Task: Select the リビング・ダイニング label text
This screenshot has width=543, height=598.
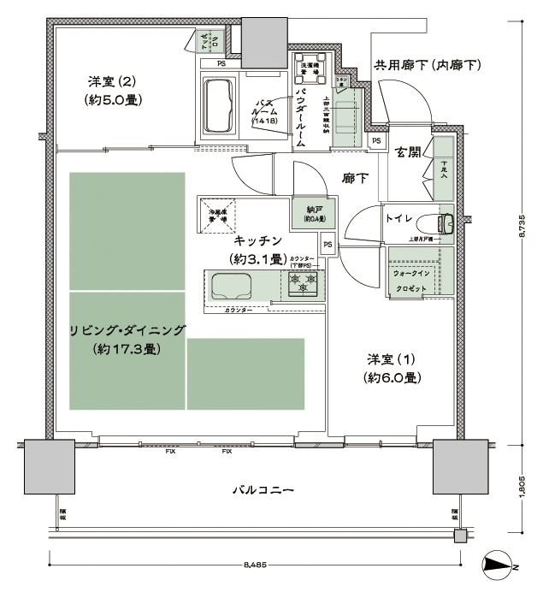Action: [127, 331]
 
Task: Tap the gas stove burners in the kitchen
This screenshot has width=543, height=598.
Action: [304, 282]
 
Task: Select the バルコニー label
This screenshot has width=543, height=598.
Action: [263, 490]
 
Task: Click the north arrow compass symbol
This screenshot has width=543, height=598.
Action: [499, 564]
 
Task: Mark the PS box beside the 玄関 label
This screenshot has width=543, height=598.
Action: [375, 141]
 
